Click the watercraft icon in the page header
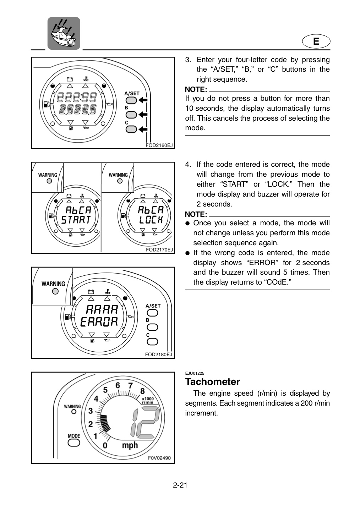[x=64, y=33]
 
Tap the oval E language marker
[x=316, y=42]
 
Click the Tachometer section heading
[x=213, y=382]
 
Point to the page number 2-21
[x=180, y=485]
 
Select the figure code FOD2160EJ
[x=159, y=145]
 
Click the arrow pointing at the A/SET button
[x=143, y=100]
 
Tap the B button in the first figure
[x=131, y=115]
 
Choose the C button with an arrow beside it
[x=131, y=129]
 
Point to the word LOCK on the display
[x=151, y=220]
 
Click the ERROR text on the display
[x=99, y=322]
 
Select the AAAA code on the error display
[x=102, y=309]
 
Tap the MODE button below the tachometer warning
[x=74, y=443]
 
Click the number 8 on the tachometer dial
[x=142, y=391]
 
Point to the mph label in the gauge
[x=130, y=445]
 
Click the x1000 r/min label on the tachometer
[x=148, y=400]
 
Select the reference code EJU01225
[x=195, y=373]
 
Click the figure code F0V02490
[x=159, y=458]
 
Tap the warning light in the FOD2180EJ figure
[x=55, y=291]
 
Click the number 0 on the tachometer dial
[x=105, y=445]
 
